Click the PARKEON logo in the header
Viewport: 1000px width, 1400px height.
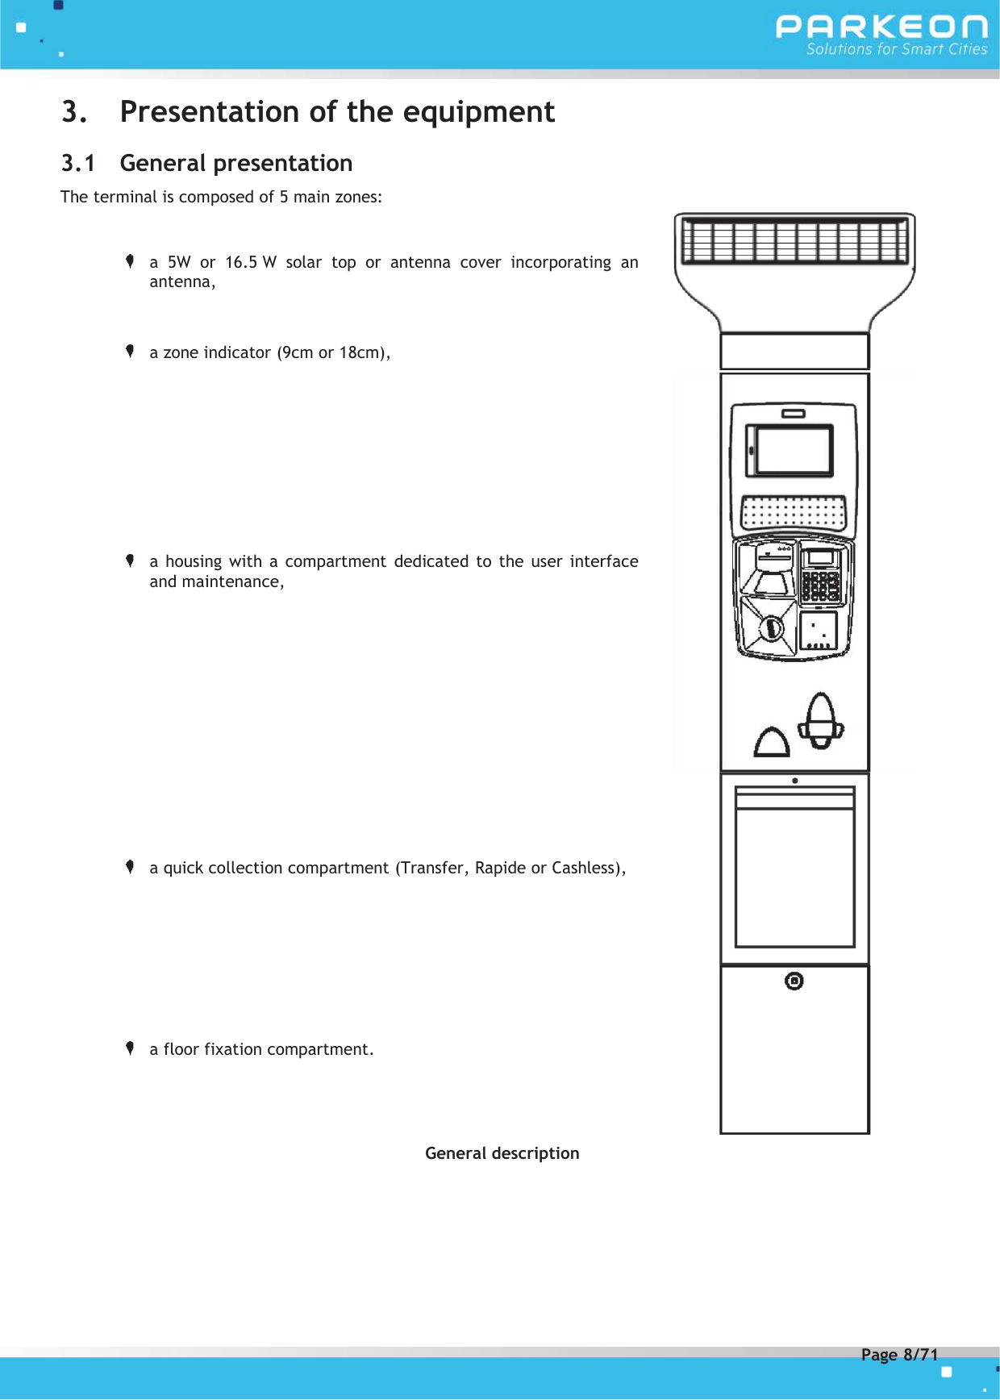[881, 27]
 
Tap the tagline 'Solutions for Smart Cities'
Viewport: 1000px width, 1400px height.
[896, 49]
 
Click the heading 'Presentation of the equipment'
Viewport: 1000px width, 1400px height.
[337, 111]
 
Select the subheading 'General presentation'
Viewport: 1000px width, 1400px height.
[235, 163]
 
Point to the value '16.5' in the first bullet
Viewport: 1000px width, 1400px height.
[241, 262]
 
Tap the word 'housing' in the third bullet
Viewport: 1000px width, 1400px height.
[193, 561]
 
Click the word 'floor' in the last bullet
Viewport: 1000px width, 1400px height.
[181, 1049]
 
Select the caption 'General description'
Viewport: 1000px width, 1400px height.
[502, 1153]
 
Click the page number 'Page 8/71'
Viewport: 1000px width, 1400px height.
[899, 1354]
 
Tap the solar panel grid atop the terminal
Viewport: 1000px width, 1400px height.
[794, 241]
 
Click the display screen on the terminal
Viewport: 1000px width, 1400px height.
[793, 450]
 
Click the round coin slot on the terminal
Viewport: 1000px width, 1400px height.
[771, 627]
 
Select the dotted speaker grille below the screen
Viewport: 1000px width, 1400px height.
[794, 511]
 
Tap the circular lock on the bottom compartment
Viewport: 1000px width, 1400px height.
[794, 981]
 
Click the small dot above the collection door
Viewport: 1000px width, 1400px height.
[795, 781]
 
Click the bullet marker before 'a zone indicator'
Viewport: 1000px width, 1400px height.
[130, 351]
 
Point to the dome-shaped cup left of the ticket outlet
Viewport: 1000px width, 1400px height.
[772, 742]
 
